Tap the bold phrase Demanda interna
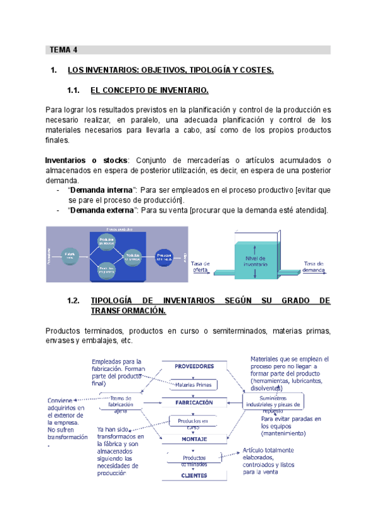point(101,189)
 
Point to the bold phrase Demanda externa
point(102,210)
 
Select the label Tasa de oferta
point(200,266)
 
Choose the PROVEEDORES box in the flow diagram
point(194,366)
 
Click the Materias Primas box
point(194,384)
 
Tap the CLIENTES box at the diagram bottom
point(194,475)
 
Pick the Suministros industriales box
point(274,400)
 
